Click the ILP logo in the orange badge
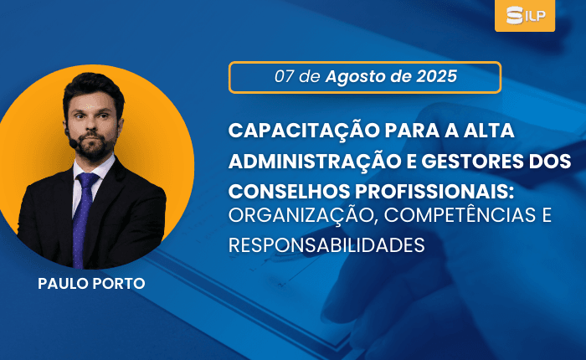[x=526, y=15]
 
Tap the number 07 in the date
[x=284, y=77]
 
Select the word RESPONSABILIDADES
[x=326, y=245]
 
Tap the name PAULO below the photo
[x=63, y=283]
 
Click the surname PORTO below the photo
[x=119, y=283]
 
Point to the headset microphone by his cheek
[x=73, y=143]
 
